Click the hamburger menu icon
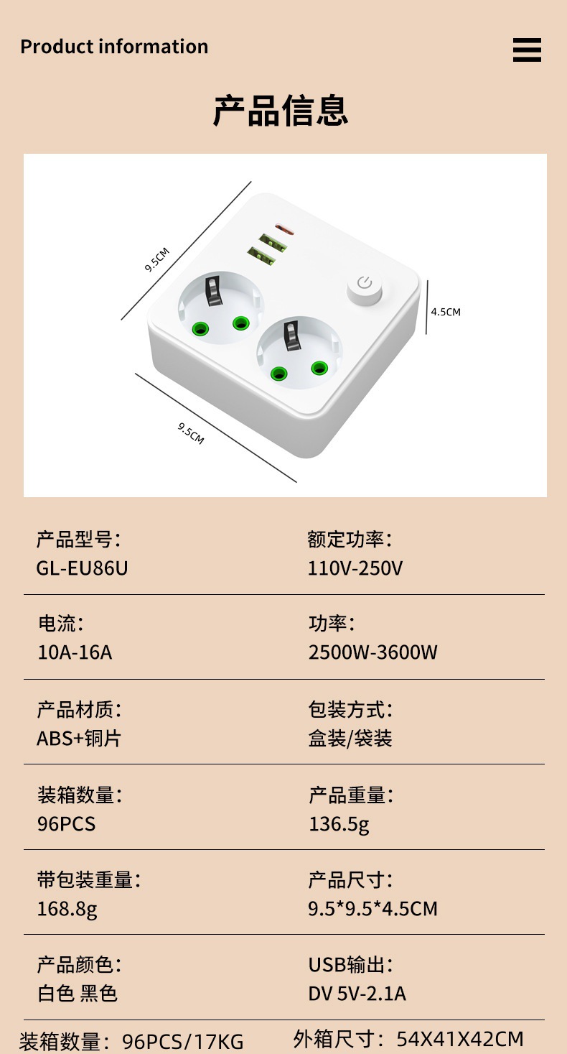tap(527, 50)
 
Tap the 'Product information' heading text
tap(114, 47)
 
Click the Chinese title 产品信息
tap(281, 111)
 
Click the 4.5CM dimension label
tap(445, 312)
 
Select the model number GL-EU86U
tap(82, 568)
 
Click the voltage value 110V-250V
tap(355, 568)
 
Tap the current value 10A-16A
tap(75, 652)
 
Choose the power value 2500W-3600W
tap(372, 652)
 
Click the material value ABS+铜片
tap(79, 738)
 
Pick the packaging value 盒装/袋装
tap(350, 738)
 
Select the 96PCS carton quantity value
tap(66, 823)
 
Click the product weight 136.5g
tap(339, 823)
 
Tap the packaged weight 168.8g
tap(67, 909)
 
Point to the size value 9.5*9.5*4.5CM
tap(372, 909)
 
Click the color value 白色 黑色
tap(78, 994)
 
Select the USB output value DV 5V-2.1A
tap(357, 994)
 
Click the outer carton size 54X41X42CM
tap(460, 1039)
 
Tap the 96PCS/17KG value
tap(183, 1041)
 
